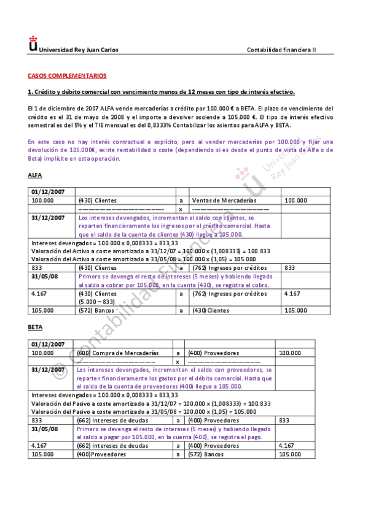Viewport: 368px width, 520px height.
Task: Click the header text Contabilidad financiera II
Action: coord(281,50)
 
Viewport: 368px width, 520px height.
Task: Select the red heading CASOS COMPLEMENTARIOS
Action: coord(67,76)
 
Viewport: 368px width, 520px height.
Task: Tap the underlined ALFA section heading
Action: coord(35,175)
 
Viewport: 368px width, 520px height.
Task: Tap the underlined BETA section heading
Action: coord(35,327)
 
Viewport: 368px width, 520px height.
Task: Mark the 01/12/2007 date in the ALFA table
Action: coord(47,191)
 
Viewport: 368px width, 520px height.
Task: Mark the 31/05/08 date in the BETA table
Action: coord(45,429)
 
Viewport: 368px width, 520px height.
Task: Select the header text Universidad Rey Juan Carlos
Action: coord(79,50)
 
